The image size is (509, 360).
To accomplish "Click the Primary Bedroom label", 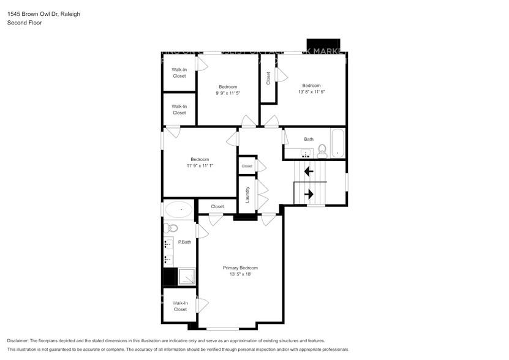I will point(240,268).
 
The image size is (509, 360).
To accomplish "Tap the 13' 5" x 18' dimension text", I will point(240,274).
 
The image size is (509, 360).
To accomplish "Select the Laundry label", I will point(247,195).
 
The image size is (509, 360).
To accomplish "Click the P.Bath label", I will point(184,242).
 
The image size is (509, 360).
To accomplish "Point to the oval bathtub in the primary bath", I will point(178,210).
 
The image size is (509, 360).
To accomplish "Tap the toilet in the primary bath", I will point(172,228).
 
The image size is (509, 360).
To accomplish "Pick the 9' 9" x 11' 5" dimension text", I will point(228,94).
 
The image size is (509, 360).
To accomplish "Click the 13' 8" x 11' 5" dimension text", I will point(311,92).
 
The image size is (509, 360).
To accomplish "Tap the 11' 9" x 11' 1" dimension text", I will point(200,165).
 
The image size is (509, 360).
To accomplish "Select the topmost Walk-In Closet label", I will point(179,73).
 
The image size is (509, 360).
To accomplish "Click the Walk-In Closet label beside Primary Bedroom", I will point(179,306).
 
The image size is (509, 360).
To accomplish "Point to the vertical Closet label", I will point(268,78).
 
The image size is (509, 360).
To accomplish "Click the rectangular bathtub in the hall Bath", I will point(337,143).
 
